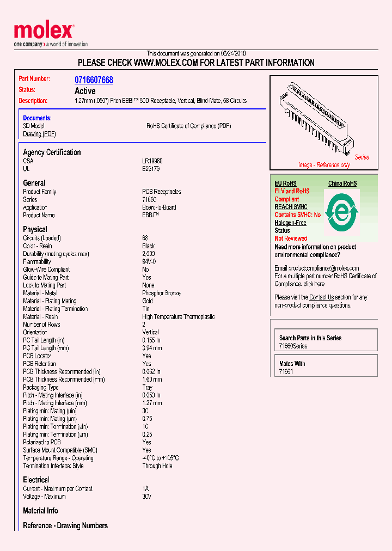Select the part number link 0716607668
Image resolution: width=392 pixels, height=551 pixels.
point(94,80)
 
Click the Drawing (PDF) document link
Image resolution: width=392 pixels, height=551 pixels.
point(39,134)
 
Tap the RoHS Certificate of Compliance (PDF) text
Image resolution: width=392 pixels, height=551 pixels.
point(188,126)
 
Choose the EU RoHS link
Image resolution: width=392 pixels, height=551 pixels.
point(285,183)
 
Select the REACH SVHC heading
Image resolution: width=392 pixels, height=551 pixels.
point(291,207)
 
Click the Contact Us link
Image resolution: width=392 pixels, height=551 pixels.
point(321,297)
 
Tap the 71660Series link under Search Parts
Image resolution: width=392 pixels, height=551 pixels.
point(293,346)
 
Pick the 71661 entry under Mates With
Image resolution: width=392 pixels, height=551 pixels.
point(286,372)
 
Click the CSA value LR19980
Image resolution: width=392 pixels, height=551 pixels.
point(152,161)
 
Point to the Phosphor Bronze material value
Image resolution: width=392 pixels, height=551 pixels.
point(161,293)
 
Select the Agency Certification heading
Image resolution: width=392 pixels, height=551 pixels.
point(52,152)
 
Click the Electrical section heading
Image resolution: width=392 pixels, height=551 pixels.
point(36,480)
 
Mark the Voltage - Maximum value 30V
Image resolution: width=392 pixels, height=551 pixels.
point(146,497)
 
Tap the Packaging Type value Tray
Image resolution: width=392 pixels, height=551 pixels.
point(147,388)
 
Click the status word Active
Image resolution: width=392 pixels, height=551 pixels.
point(85,91)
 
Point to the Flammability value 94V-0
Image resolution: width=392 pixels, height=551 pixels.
point(149,261)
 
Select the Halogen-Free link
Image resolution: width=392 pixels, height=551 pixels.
point(290,223)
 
